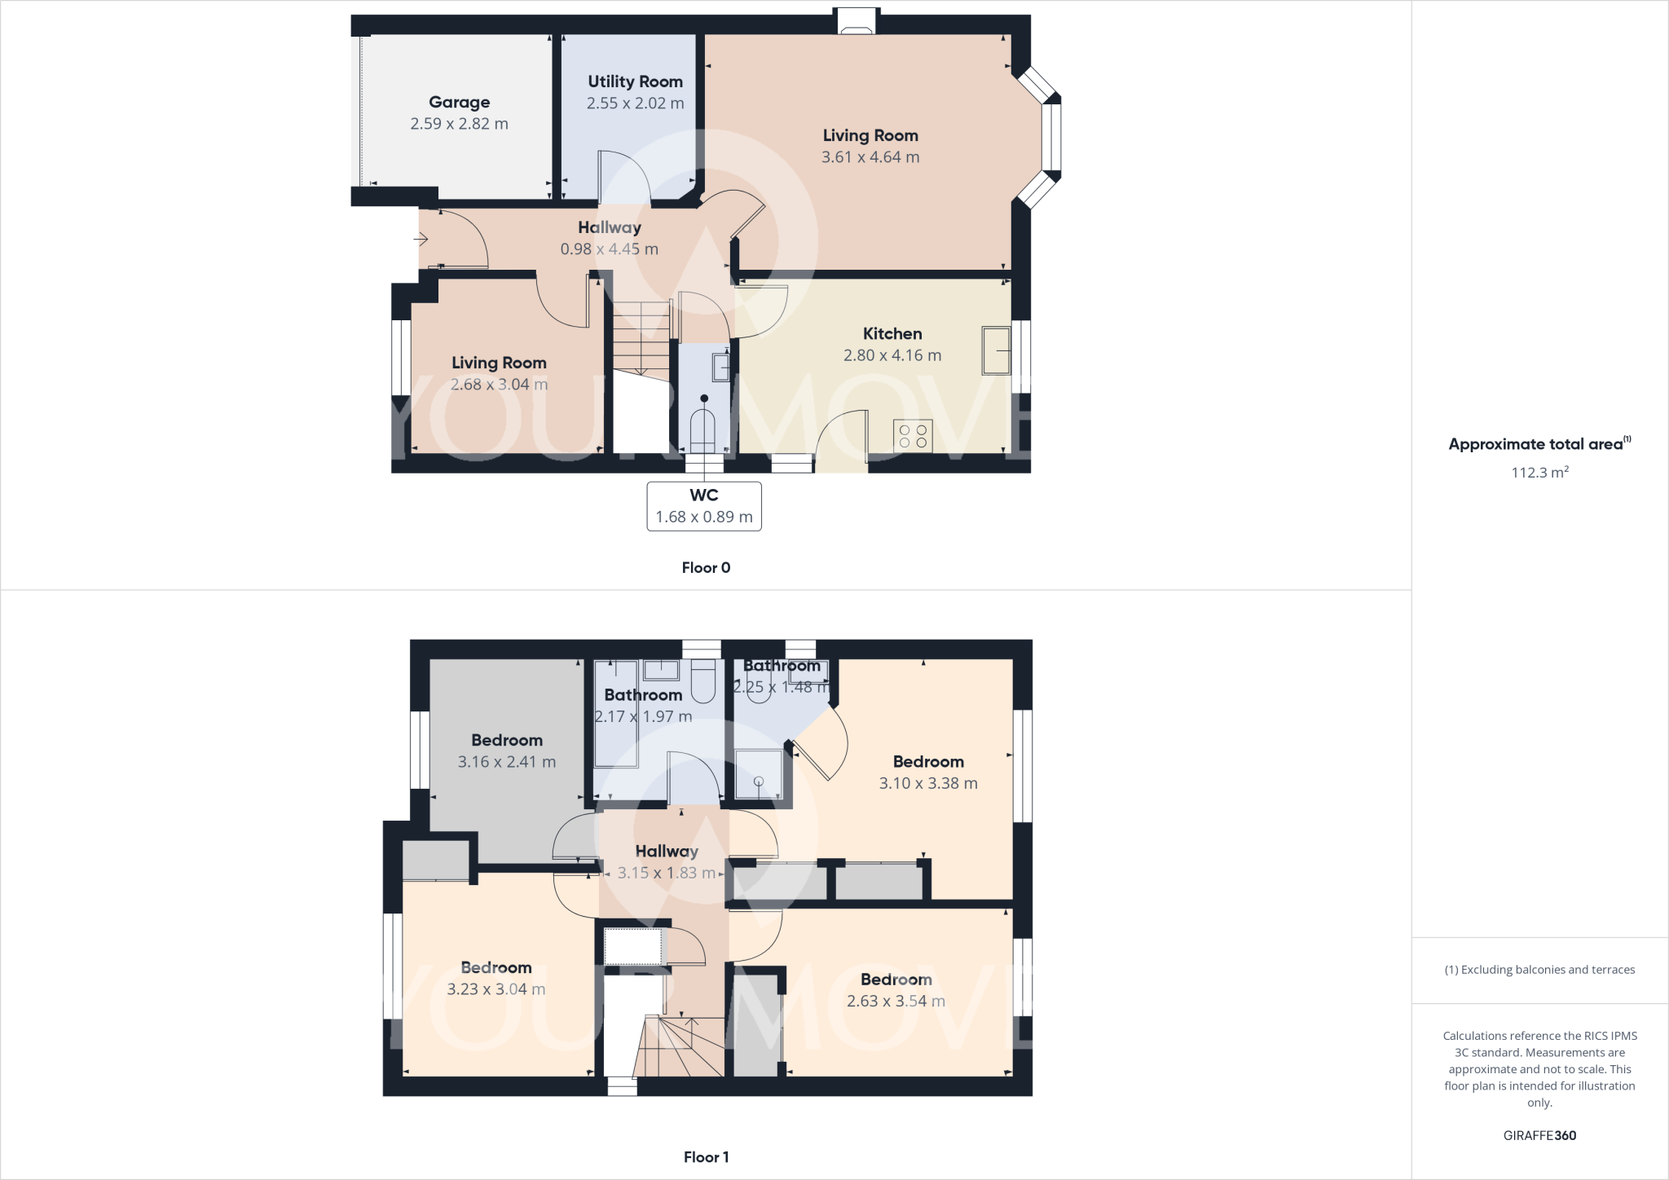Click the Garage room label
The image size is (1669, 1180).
460,102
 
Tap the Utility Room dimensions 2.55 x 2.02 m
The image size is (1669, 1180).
635,103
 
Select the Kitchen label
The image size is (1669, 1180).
892,333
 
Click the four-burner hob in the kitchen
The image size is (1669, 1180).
913,435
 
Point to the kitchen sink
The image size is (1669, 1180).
996,350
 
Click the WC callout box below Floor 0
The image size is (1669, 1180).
704,506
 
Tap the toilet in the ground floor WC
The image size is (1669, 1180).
702,429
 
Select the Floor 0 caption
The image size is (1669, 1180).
706,568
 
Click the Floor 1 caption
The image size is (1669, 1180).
706,1157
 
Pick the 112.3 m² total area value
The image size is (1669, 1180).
1539,473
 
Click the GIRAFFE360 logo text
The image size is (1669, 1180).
1539,1135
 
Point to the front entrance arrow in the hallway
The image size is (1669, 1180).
421,239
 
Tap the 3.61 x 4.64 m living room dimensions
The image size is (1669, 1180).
870,157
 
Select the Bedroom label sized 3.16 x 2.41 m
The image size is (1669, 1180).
507,740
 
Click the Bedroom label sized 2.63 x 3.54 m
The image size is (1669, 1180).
896,980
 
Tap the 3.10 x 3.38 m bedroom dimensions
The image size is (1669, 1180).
928,783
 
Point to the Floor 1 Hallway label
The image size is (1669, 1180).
667,851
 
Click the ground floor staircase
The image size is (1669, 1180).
641,338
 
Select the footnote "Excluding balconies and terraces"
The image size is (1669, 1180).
1539,970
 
